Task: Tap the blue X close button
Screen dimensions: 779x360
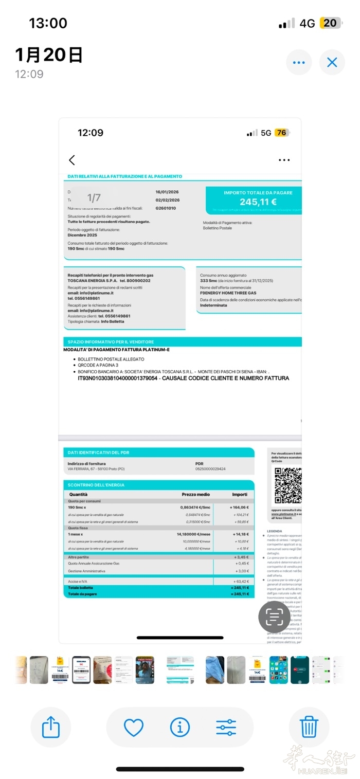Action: click(332, 63)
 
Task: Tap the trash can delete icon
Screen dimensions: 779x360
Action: click(309, 728)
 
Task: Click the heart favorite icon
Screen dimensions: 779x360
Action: click(134, 728)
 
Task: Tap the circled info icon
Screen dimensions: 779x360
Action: click(180, 728)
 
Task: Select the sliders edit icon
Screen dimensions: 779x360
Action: click(226, 728)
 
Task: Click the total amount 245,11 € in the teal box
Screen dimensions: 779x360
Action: click(258, 202)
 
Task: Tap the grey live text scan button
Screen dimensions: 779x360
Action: click(274, 617)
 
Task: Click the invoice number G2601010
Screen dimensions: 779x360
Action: click(166, 208)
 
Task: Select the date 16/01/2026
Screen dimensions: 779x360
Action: click(168, 192)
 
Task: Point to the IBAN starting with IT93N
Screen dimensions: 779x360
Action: click(117, 378)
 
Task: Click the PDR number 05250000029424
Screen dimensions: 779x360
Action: click(210, 469)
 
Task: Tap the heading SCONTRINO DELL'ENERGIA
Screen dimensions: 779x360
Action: click(96, 485)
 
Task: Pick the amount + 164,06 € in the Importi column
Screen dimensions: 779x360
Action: click(239, 507)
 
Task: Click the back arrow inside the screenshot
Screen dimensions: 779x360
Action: click(72, 160)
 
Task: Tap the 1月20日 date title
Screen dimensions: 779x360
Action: click(49, 55)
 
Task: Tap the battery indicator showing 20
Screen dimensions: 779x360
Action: click(330, 23)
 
